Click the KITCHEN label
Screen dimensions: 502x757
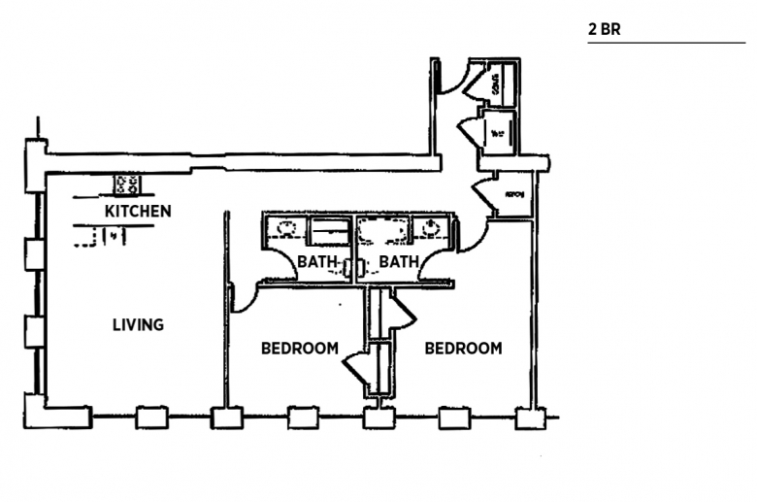[x=138, y=211]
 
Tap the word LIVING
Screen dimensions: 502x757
[x=138, y=324]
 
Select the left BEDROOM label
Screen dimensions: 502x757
[x=300, y=348]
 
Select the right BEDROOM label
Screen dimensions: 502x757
[x=463, y=348]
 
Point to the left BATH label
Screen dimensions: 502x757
[x=316, y=261]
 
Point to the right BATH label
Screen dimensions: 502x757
[x=398, y=261]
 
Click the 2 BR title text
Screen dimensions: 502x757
[x=604, y=29]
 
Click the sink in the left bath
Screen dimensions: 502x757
[x=286, y=230]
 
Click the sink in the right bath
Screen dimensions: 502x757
[x=431, y=230]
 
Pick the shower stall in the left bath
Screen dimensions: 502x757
[x=329, y=232]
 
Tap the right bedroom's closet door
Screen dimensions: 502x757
[x=400, y=313]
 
